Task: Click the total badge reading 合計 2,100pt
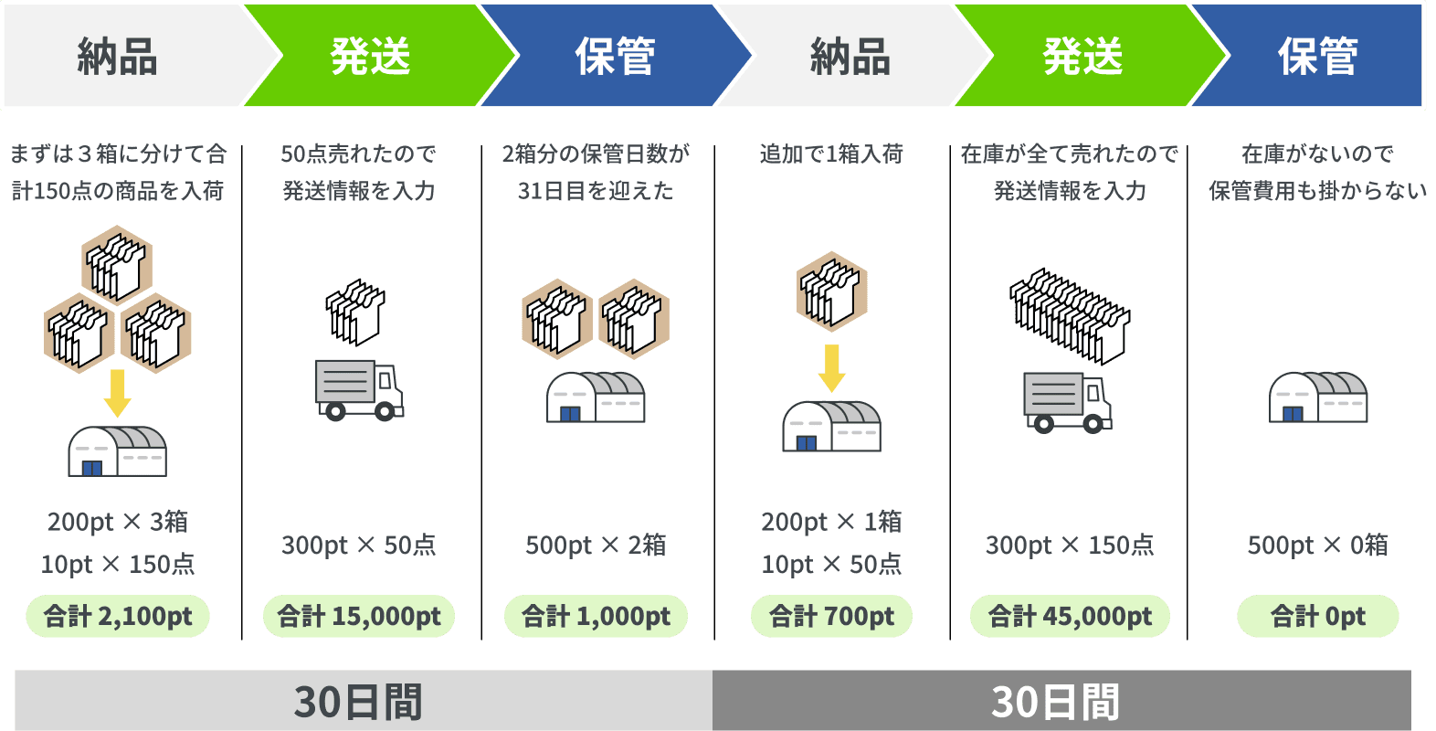coord(118,617)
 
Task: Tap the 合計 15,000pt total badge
coord(359,617)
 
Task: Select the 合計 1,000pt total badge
coord(596,617)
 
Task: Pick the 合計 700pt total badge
coord(831,617)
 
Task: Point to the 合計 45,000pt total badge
coord(1070,617)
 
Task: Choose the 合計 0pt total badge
coord(1317,617)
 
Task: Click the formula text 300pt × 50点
coord(359,546)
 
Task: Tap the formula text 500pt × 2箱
coord(596,546)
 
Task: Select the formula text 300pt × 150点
coord(1070,546)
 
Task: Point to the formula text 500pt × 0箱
coord(1317,546)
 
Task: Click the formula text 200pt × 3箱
coord(118,522)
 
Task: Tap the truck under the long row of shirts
coord(1067,401)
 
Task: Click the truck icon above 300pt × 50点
coord(359,388)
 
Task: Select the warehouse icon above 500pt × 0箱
coord(1317,397)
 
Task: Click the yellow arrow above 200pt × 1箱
coord(831,367)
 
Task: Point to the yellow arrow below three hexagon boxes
coord(118,393)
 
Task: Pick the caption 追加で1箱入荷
coord(830,154)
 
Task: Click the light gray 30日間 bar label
coord(359,702)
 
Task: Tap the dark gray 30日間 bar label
coord(1056,702)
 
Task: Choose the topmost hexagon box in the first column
coord(117,265)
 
